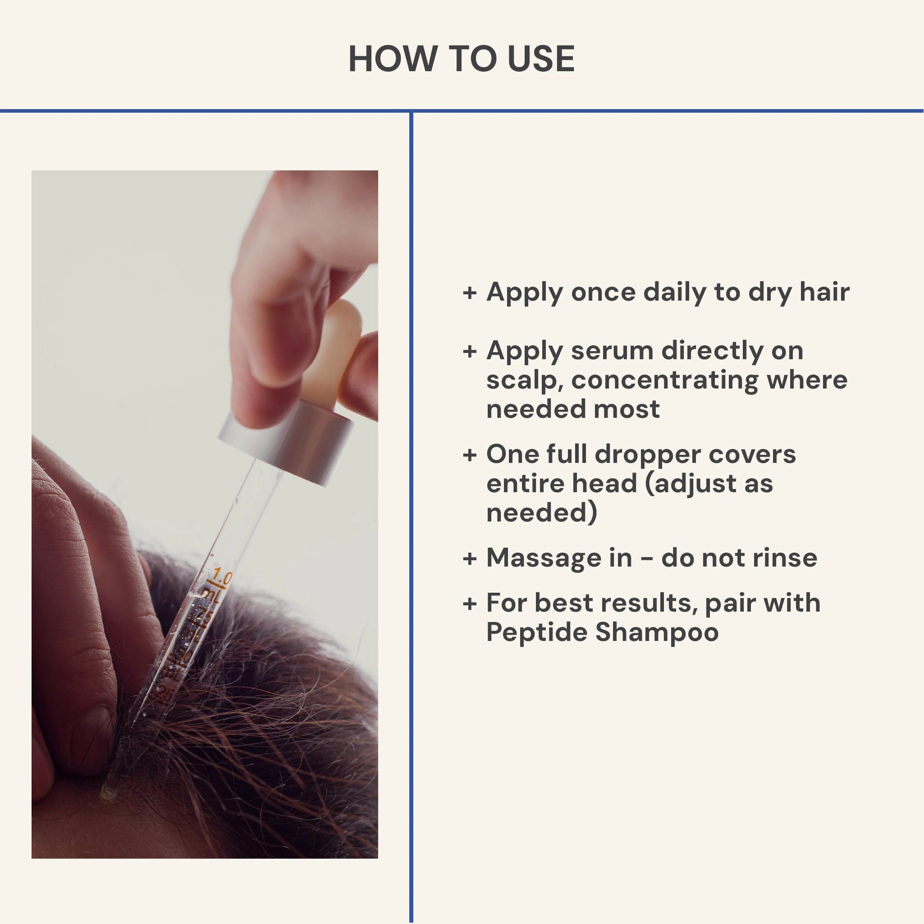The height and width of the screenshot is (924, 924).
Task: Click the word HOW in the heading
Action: [x=393, y=59]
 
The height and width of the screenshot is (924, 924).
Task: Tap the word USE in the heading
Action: [x=540, y=59]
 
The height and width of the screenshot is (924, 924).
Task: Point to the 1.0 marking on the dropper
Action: [x=222, y=574]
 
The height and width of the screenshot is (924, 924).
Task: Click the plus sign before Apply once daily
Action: [x=470, y=293]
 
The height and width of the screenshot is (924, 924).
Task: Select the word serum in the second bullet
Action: [x=612, y=351]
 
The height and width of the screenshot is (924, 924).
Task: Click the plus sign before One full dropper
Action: [x=470, y=454]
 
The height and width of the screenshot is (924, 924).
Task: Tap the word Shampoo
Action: [x=657, y=633]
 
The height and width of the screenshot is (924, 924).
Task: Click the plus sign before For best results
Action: [x=470, y=604]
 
